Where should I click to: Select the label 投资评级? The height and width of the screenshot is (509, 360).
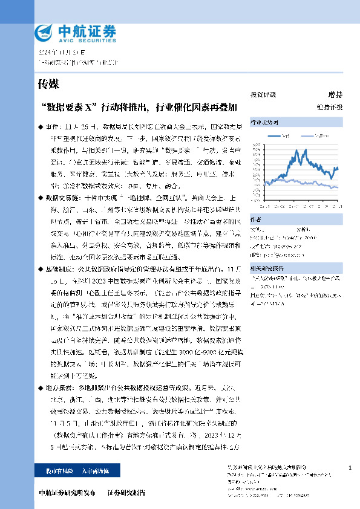coord(263,95)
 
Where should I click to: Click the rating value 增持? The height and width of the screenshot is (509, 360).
coord(335,95)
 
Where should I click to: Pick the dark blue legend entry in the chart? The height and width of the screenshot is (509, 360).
coord(284,137)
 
